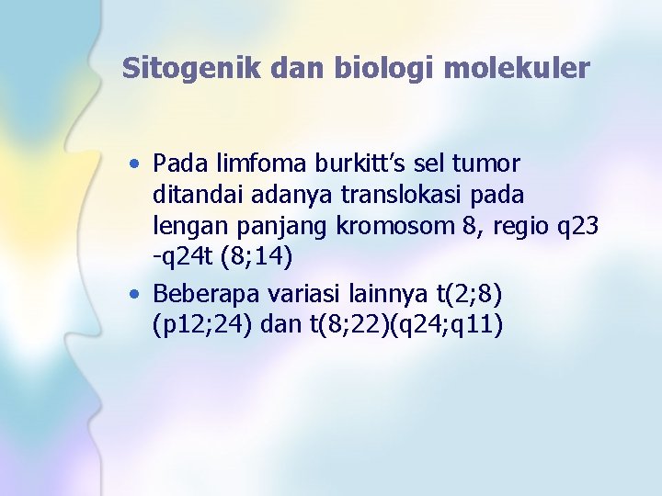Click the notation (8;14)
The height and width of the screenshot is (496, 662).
(255, 261)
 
